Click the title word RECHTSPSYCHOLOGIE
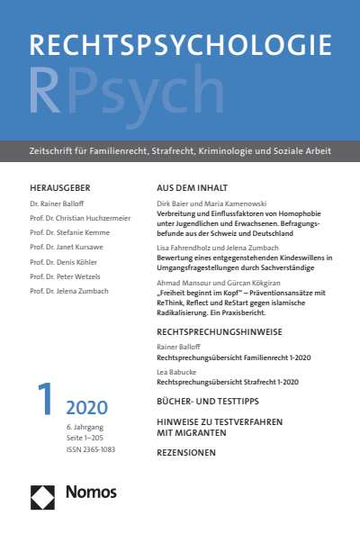tap(179, 50)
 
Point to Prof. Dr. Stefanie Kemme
tap(69, 232)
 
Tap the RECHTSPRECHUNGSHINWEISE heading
tap(220, 332)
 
